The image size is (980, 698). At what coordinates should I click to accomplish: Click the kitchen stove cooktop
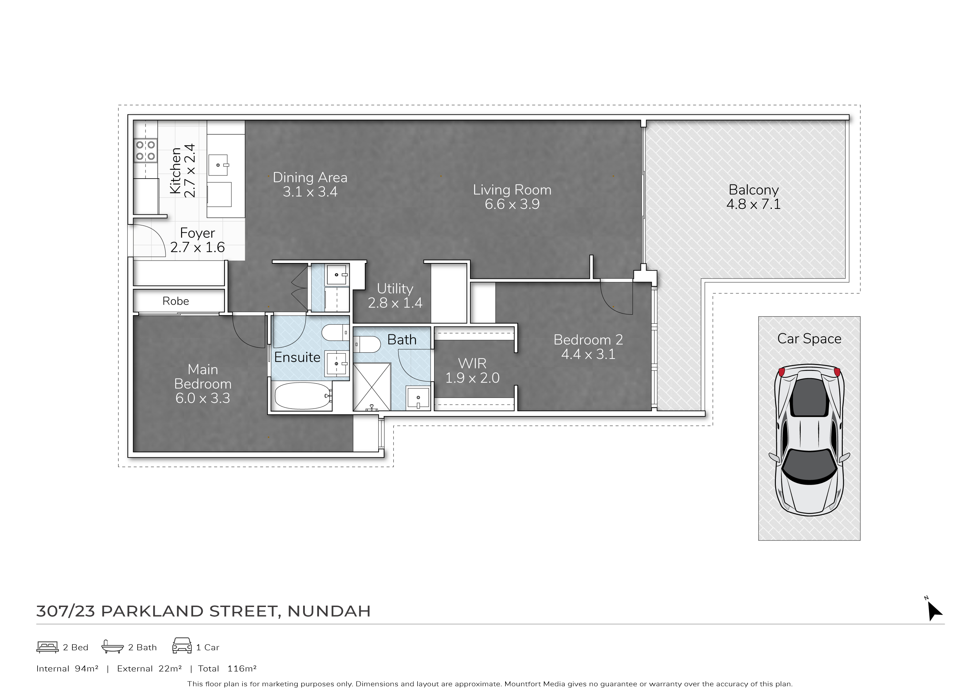tap(145, 150)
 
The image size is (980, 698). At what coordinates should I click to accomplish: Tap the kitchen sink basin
tap(218, 165)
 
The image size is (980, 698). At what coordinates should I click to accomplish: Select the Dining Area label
tap(310, 178)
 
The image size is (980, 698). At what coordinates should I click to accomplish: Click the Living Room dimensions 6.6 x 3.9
tap(512, 204)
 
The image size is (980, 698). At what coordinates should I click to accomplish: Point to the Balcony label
tap(753, 190)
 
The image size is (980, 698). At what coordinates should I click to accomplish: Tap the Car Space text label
tap(809, 339)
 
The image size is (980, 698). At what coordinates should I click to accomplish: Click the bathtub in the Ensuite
tap(303, 396)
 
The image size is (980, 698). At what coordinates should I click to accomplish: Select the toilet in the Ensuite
tap(336, 332)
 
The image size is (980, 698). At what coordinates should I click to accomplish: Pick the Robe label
tap(176, 301)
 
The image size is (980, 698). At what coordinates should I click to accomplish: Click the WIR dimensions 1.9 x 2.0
tap(472, 378)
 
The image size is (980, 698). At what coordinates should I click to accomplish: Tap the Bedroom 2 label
tap(588, 340)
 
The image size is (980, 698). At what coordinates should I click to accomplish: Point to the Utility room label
tap(395, 289)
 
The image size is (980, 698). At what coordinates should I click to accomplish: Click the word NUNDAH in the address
tap(329, 611)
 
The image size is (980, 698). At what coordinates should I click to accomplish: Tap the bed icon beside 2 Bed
tap(47, 647)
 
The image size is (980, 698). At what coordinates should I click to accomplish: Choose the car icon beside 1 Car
tap(182, 646)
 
